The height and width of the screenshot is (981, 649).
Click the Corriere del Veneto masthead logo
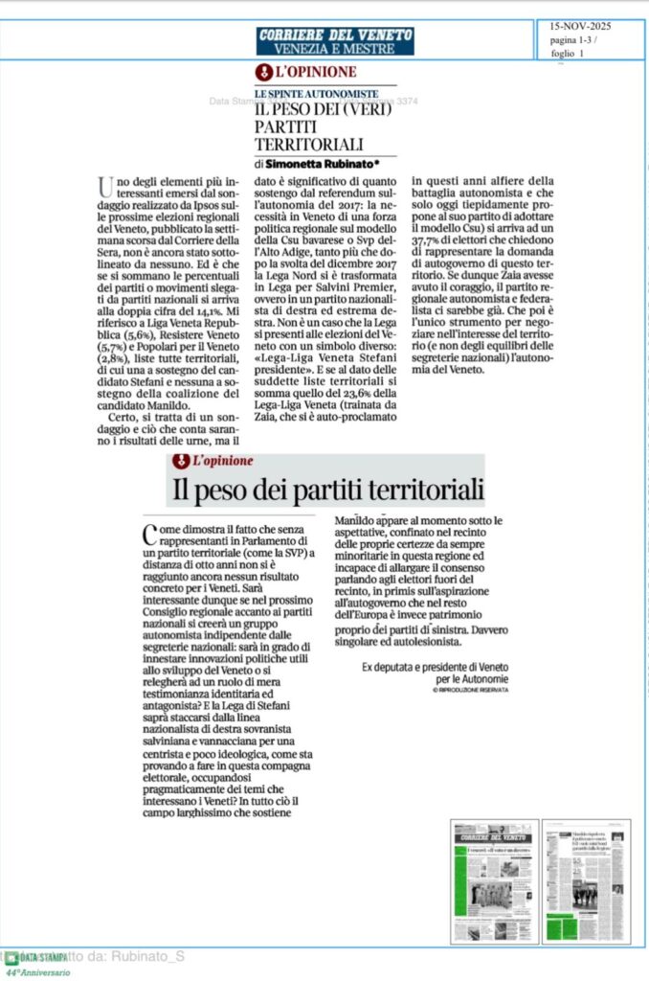[335, 34]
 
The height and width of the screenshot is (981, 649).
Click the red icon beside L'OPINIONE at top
[263, 72]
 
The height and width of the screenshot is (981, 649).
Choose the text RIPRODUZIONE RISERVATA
[472, 690]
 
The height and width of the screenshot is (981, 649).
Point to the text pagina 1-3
[573, 40]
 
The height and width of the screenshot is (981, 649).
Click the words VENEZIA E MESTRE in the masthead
[334, 48]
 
